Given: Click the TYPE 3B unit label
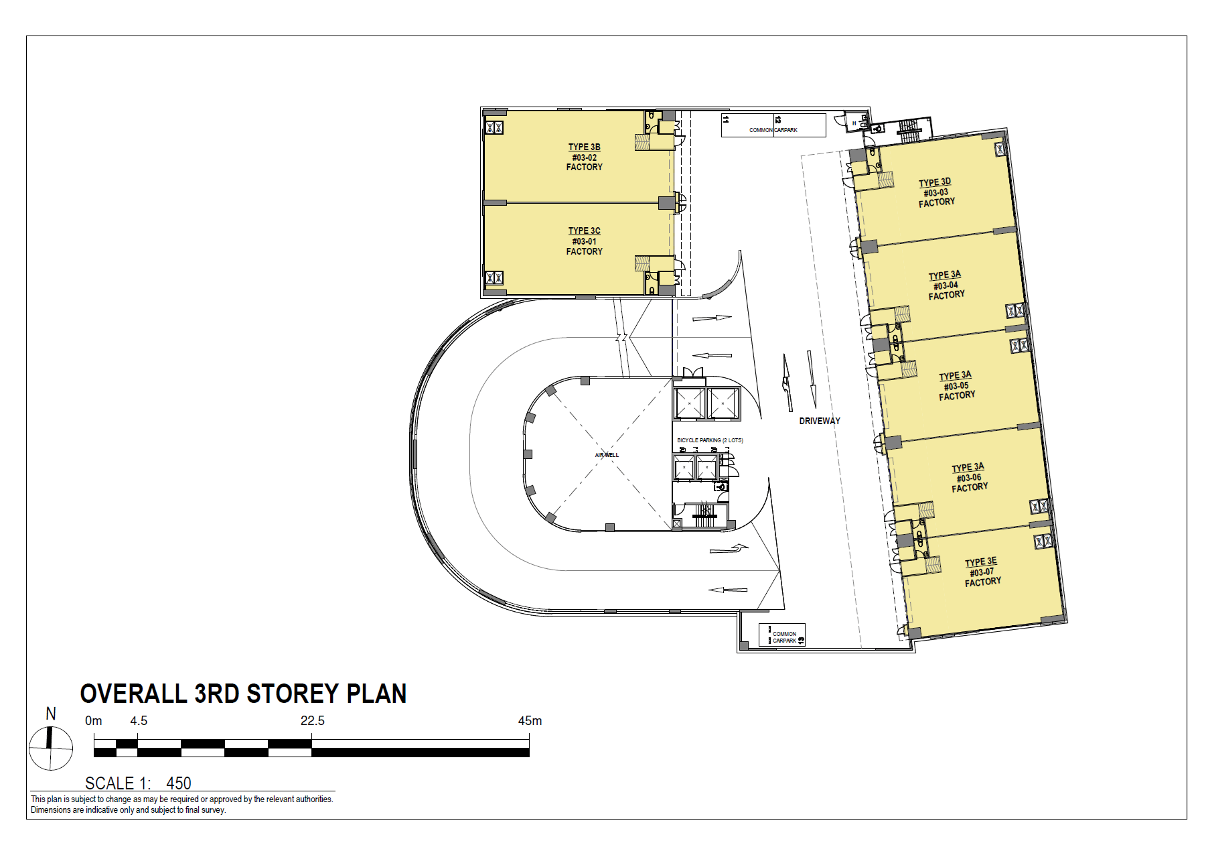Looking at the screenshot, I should (x=584, y=147).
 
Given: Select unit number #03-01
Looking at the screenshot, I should (x=584, y=241).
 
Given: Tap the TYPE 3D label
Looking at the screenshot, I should (x=934, y=182).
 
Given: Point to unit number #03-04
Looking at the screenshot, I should (x=946, y=285).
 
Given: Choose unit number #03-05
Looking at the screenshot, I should (x=956, y=386).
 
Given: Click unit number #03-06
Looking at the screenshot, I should (x=969, y=478).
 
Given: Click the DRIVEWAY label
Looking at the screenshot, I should (x=819, y=421).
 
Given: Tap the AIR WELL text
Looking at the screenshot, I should (x=607, y=455).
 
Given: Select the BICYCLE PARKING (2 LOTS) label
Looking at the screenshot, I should (x=710, y=440).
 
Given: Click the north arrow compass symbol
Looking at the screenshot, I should (x=50, y=748).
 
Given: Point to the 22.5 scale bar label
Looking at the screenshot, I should (x=312, y=721).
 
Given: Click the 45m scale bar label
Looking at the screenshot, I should (x=529, y=721).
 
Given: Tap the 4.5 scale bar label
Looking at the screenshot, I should (x=139, y=721).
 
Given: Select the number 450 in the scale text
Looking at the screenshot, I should (x=179, y=783).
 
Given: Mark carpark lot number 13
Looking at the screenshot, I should (x=800, y=640).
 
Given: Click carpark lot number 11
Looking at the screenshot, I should (x=726, y=119).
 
